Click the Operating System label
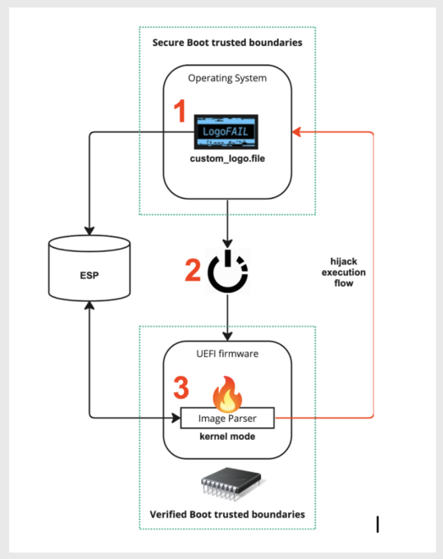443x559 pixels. click(226, 79)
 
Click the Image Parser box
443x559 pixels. click(226, 418)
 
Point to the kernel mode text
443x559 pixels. click(226, 438)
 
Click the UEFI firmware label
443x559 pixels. click(226, 354)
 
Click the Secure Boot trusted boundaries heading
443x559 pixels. click(227, 41)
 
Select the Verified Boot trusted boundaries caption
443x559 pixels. click(227, 514)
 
